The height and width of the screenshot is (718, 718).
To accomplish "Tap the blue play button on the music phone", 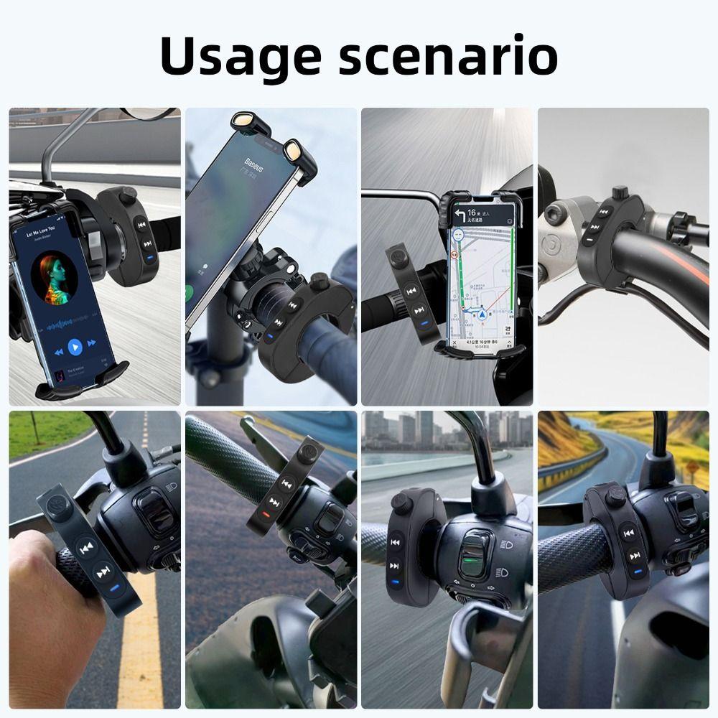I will click(x=75, y=348).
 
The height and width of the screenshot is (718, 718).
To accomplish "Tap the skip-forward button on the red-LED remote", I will click(x=274, y=500).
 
